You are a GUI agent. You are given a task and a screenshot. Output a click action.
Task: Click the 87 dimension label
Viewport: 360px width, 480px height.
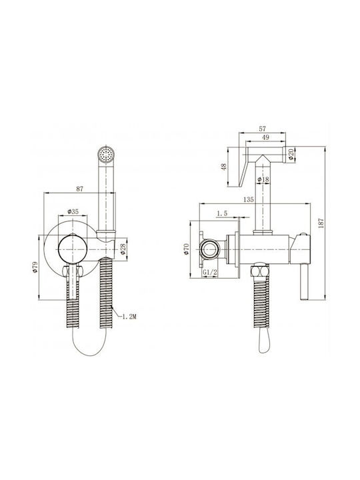(79, 189)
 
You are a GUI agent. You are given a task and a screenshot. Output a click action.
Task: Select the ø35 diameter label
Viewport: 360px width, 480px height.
(73, 211)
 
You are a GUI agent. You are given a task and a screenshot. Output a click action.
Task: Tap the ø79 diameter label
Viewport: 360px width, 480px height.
(35, 267)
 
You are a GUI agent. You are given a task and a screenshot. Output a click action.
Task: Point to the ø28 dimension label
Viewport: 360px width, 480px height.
(123, 249)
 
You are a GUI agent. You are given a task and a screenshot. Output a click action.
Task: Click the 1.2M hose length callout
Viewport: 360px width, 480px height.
(129, 317)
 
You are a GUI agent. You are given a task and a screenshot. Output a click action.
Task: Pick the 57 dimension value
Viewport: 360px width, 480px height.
(263, 129)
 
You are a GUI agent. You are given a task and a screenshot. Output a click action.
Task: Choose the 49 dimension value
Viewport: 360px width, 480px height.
(265, 137)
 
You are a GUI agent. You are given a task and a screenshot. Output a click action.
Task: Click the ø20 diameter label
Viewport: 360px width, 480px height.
(291, 155)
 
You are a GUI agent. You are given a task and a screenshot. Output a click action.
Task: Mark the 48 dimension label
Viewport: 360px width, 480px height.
(224, 167)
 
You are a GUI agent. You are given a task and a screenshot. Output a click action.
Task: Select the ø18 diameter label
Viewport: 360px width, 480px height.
(263, 179)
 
